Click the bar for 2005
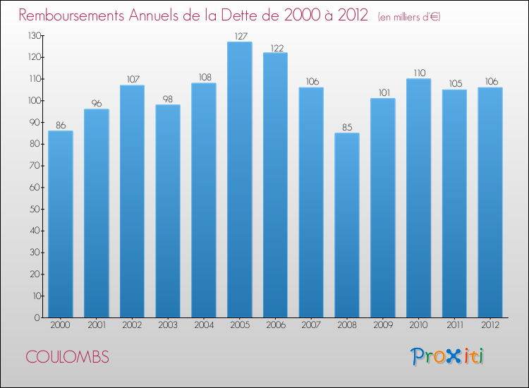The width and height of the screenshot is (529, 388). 239,180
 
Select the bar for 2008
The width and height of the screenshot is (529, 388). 347,225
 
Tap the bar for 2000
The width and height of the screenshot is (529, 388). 60,224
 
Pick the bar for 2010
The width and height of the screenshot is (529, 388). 418,198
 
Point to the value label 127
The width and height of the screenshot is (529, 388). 239,36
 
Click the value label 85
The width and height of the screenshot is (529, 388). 347,128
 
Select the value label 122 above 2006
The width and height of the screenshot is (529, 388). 275,47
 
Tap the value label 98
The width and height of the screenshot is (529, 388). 168,99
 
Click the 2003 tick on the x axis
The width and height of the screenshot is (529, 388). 168,326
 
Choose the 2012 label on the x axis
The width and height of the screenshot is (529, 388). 490,326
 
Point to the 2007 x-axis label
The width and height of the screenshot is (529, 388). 311,326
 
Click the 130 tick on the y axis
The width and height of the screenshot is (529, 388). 32,35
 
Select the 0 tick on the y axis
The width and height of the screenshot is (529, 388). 36,317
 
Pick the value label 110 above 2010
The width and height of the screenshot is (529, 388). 418,73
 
